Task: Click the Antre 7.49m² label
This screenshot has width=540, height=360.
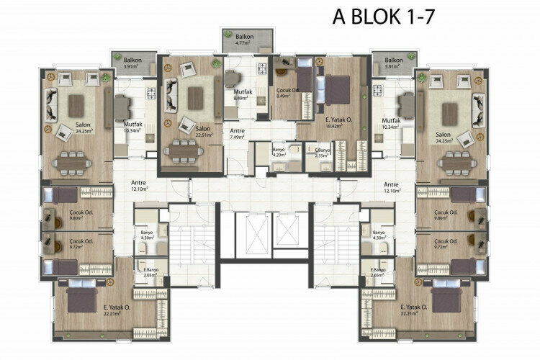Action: click(x=238, y=134)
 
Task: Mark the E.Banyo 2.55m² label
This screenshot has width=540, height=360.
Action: click(x=323, y=152)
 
